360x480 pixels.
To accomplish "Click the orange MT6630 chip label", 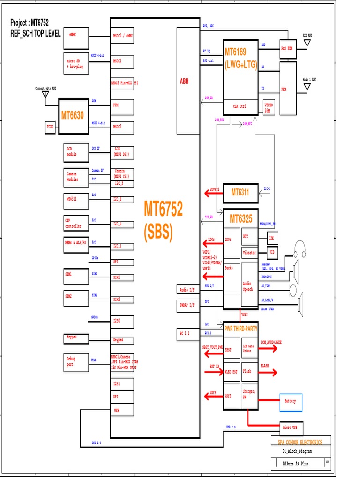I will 73,115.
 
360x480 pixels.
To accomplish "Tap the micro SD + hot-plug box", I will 76,63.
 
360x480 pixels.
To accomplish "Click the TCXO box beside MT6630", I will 50,127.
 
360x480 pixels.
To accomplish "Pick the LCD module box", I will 76,151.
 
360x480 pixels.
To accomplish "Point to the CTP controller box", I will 76,223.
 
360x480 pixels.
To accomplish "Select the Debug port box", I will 76,361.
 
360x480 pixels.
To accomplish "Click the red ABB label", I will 184,81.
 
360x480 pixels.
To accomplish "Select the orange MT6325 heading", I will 241,218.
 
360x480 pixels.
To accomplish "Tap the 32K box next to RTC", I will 271,238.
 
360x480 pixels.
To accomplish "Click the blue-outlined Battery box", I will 291,401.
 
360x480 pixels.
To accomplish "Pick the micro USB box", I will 291,428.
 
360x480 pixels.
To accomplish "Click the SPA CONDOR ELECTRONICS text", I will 300,442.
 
